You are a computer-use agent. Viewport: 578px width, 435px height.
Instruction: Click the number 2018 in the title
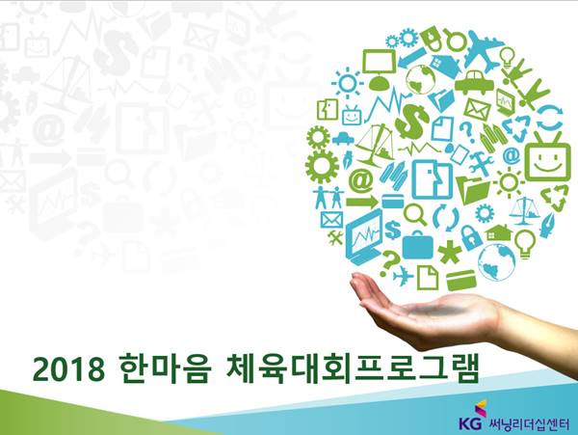click(x=69, y=369)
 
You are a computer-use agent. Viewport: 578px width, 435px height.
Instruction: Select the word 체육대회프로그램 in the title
click(x=353, y=369)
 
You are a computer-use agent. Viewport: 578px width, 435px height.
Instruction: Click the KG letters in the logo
click(x=470, y=422)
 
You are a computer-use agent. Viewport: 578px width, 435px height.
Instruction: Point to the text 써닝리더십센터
click(x=528, y=423)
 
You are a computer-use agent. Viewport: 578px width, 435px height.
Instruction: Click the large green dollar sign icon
click(x=412, y=120)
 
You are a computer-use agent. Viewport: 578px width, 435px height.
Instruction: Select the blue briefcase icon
click(x=417, y=245)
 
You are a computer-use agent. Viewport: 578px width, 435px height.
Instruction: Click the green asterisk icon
click(x=450, y=252)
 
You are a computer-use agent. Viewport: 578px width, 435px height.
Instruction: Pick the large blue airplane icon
click(x=484, y=50)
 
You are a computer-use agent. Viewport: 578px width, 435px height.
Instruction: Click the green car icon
click(x=474, y=82)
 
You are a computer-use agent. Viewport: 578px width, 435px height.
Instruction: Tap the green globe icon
click(x=421, y=79)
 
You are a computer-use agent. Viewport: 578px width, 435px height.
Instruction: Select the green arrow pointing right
click(x=361, y=202)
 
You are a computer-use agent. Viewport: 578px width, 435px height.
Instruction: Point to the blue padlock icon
click(x=471, y=237)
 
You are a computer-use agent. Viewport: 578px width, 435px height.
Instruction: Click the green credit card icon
click(x=460, y=280)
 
